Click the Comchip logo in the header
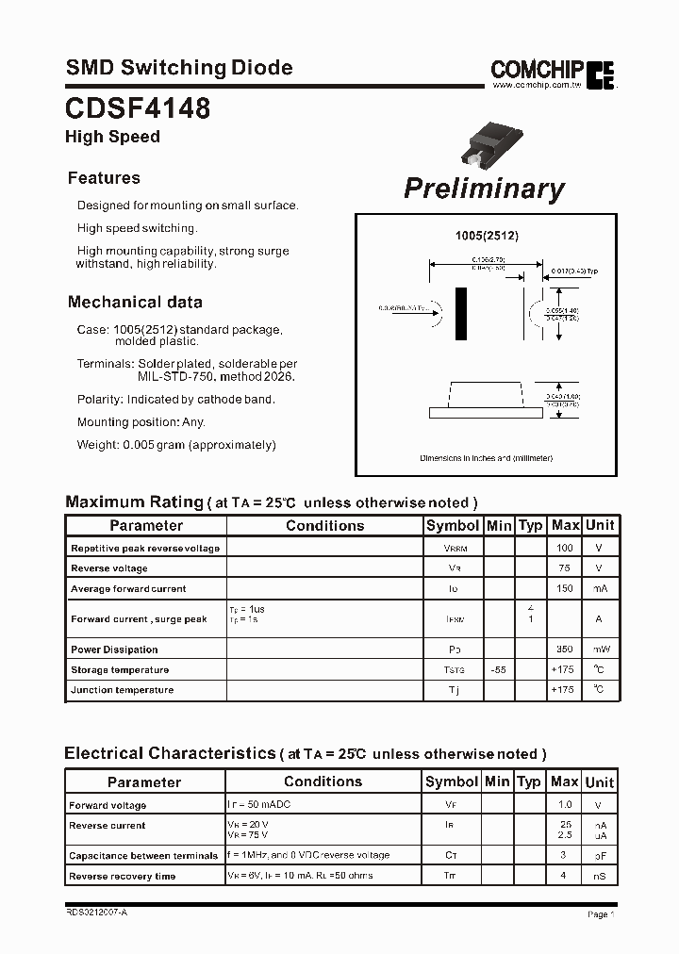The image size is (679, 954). [553, 71]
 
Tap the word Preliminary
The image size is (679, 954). [484, 188]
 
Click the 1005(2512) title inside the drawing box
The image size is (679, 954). [486, 236]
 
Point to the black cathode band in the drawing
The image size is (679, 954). [461, 314]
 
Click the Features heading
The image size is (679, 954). [104, 178]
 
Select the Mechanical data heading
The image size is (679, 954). [135, 303]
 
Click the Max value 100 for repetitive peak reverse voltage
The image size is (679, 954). [565, 548]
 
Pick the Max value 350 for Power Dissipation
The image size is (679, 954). [565, 650]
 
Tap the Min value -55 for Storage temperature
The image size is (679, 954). [498, 670]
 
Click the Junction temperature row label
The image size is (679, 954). [122, 690]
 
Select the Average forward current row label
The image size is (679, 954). [128, 589]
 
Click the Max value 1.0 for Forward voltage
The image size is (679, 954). [564, 805]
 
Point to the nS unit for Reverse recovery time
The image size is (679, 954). [598, 876]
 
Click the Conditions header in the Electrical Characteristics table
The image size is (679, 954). [323, 781]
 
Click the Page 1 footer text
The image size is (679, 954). [600, 914]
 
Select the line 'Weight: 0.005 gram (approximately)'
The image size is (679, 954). [176, 445]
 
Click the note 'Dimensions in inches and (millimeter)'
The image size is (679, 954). [486, 458]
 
